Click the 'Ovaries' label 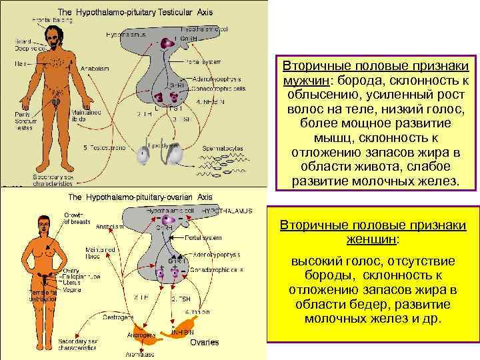pos(204,342)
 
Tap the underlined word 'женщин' pos(373,239)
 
